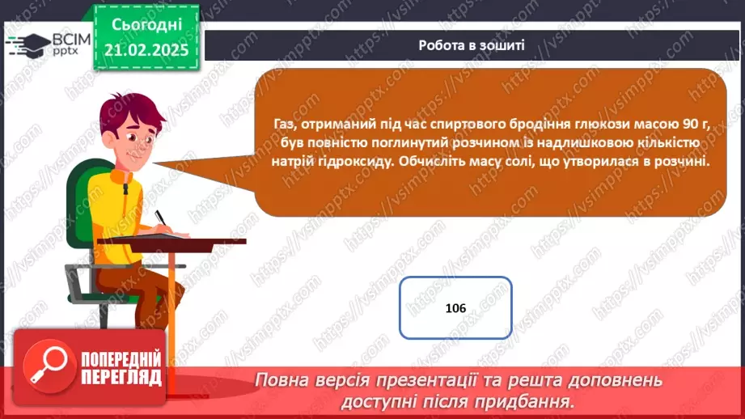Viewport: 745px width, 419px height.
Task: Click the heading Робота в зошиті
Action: [472, 44]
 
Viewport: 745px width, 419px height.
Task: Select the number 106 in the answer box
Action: [455, 308]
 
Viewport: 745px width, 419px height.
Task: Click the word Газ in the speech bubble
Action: [284, 122]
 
